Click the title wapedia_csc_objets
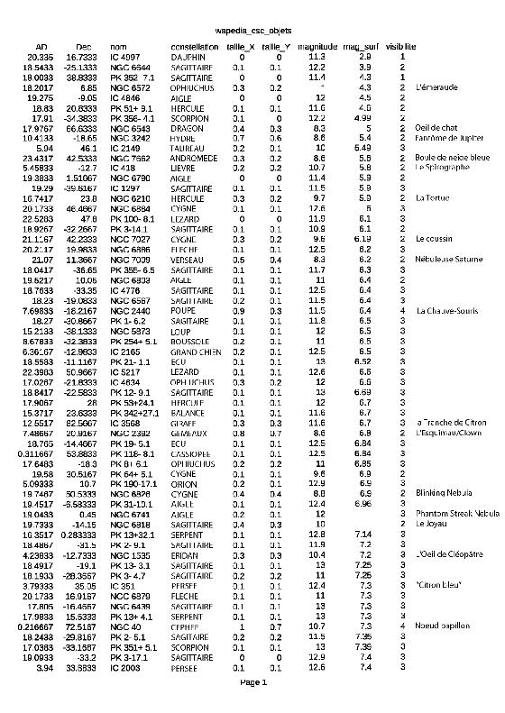[x=252, y=31]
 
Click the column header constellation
[x=194, y=46]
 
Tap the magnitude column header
[x=317, y=46]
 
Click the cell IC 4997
[x=126, y=57]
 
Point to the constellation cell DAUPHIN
[x=188, y=57]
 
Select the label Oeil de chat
[x=436, y=128]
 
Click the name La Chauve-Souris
[x=446, y=310]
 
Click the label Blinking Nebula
[x=444, y=493]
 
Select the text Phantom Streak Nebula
[x=456, y=513]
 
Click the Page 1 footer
[x=252, y=682]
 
